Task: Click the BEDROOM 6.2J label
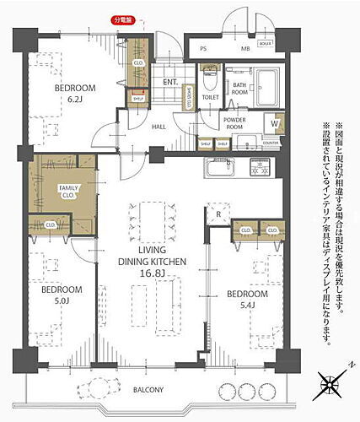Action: [x=75, y=93]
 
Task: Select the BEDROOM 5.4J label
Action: [x=246, y=298]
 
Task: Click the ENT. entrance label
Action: [x=169, y=82]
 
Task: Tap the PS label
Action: [x=203, y=49]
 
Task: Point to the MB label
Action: [x=245, y=49]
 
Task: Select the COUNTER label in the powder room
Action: [x=271, y=143]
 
